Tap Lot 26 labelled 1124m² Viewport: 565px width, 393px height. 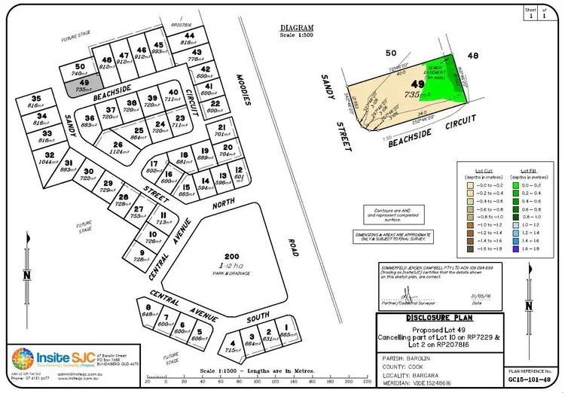[118, 148]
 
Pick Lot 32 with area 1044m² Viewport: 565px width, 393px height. [49, 159]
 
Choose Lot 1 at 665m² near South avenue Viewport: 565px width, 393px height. [285, 331]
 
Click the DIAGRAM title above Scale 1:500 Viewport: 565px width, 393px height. [297, 28]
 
